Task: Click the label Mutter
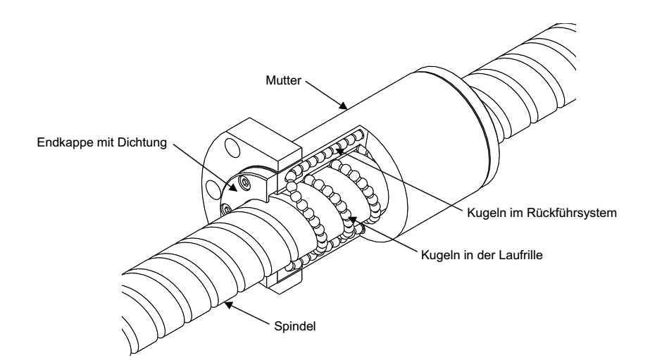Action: [x=283, y=80]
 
